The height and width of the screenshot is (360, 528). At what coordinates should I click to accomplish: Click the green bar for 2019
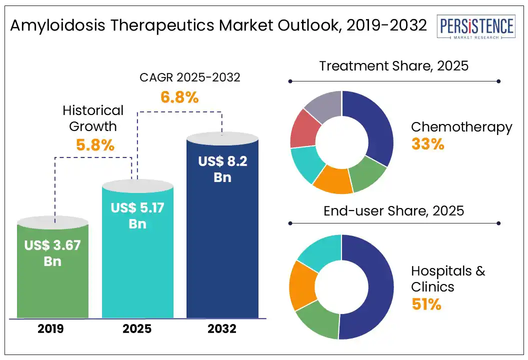52,285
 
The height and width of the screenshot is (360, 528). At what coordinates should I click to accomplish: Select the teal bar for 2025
137,270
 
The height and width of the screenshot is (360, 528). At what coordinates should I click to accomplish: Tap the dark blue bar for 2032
222,250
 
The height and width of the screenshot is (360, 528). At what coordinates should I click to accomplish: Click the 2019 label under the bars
52,329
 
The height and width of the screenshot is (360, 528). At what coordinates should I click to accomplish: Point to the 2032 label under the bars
222,329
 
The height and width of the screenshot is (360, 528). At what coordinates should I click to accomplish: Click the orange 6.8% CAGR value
179,97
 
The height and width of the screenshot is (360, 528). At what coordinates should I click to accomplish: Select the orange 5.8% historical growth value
95,145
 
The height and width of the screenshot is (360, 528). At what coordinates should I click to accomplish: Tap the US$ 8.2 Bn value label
222,169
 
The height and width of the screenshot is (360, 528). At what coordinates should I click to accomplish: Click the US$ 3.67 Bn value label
52,252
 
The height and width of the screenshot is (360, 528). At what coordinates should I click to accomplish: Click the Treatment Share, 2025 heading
394,65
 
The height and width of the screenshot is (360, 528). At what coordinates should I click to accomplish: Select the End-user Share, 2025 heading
393,210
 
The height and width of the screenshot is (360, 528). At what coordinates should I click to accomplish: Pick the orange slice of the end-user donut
302,285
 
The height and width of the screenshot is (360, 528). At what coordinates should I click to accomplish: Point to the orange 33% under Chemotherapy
427,144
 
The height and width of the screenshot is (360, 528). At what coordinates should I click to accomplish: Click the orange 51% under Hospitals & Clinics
426,304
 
